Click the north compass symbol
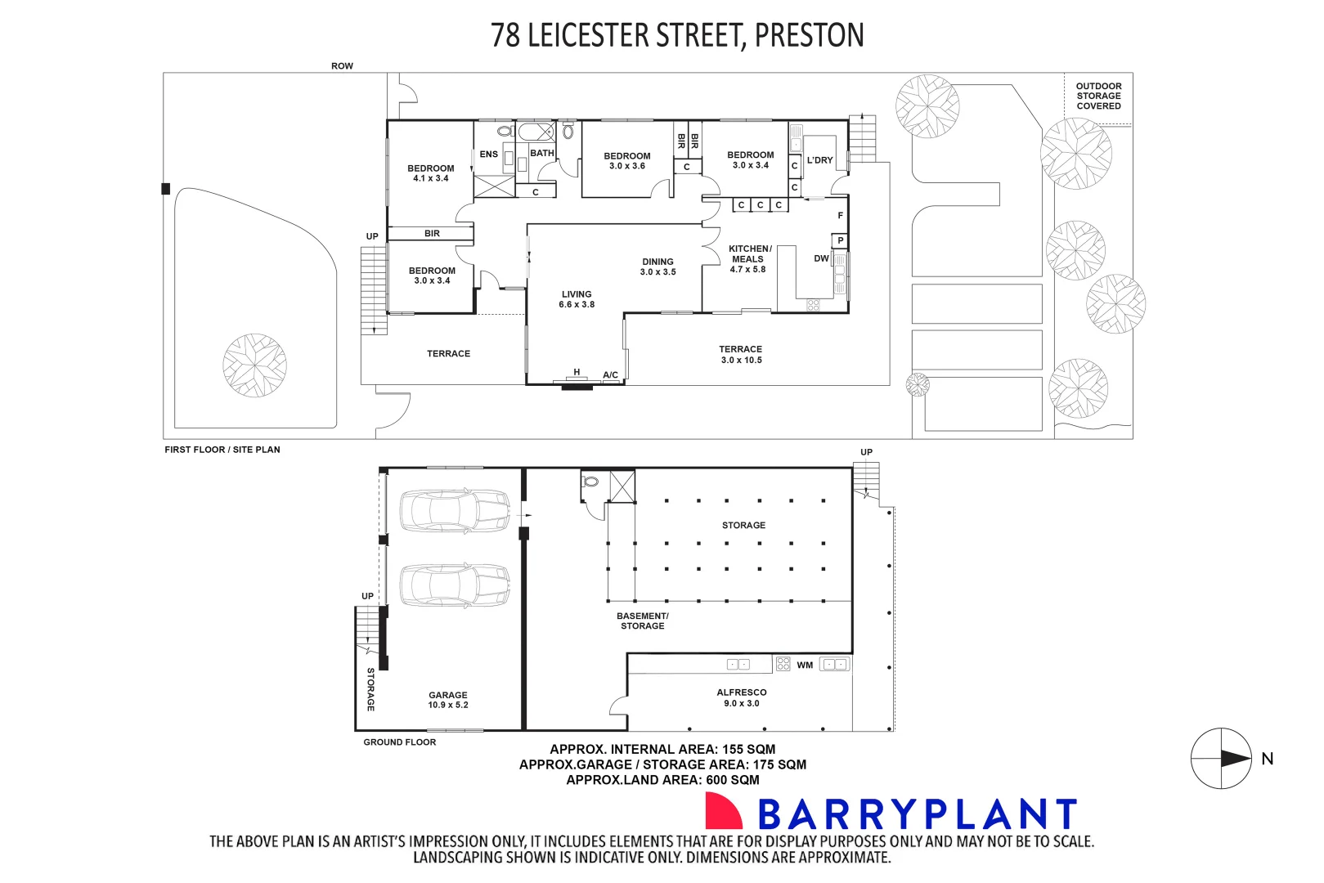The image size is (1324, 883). pyautogui.click(x=1221, y=759)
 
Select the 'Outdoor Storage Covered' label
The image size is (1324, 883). pyautogui.click(x=1098, y=96)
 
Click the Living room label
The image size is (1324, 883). pyautogui.click(x=577, y=299)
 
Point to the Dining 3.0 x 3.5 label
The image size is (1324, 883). pyautogui.click(x=658, y=267)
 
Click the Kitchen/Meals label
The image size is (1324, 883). pyautogui.click(x=749, y=258)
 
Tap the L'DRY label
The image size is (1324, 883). pyautogui.click(x=819, y=160)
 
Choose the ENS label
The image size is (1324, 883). pyautogui.click(x=489, y=154)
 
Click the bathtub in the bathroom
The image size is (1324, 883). pyautogui.click(x=536, y=132)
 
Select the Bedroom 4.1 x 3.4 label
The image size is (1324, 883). pyautogui.click(x=431, y=173)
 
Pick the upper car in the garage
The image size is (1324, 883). pyautogui.click(x=455, y=511)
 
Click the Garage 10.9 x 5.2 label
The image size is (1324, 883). pyautogui.click(x=448, y=700)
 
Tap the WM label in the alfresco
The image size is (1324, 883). pyautogui.click(x=805, y=666)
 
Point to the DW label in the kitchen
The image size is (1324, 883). pyautogui.click(x=821, y=258)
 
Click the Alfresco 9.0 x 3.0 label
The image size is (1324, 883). pyautogui.click(x=742, y=697)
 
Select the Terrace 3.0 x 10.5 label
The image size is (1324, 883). pyautogui.click(x=741, y=354)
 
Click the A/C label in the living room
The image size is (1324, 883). pyautogui.click(x=610, y=375)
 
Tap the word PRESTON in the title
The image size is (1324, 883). pyautogui.click(x=809, y=35)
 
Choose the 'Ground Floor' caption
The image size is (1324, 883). pyautogui.click(x=400, y=742)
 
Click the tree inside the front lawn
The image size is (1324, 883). pyautogui.click(x=255, y=365)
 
